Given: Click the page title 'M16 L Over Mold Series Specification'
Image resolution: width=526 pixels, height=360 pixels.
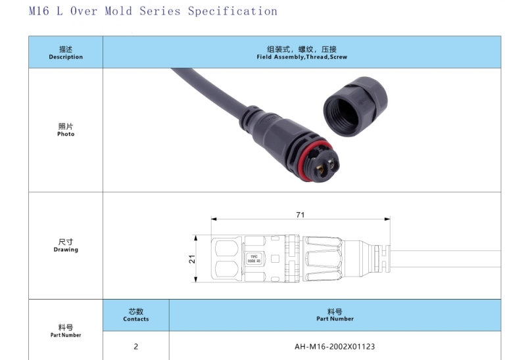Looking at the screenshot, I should [x=153, y=11].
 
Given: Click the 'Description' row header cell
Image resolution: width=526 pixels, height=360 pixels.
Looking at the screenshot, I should [x=66, y=53].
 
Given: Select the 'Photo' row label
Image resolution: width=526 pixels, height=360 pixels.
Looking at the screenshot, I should [x=66, y=130].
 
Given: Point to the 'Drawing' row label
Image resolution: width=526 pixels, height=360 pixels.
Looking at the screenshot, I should [x=66, y=246].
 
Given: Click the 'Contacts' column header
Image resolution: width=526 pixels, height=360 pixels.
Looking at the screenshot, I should [x=136, y=315].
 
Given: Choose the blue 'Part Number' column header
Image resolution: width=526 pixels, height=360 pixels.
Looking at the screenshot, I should [x=335, y=315].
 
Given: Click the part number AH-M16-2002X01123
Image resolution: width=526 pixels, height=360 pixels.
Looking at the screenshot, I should [x=335, y=346].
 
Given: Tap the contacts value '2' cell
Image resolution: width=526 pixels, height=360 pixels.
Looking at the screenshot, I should [x=136, y=346].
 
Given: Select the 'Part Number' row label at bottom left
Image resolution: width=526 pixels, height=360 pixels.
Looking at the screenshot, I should [x=66, y=330].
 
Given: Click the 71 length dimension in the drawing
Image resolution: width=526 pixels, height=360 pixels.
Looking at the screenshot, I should [x=300, y=215].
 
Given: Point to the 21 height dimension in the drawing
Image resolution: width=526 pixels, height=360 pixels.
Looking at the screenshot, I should [x=192, y=259].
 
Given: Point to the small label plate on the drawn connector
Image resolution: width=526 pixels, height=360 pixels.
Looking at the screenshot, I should [x=253, y=259].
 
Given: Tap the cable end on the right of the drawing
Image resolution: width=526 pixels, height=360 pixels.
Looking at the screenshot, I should [x=447, y=259].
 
